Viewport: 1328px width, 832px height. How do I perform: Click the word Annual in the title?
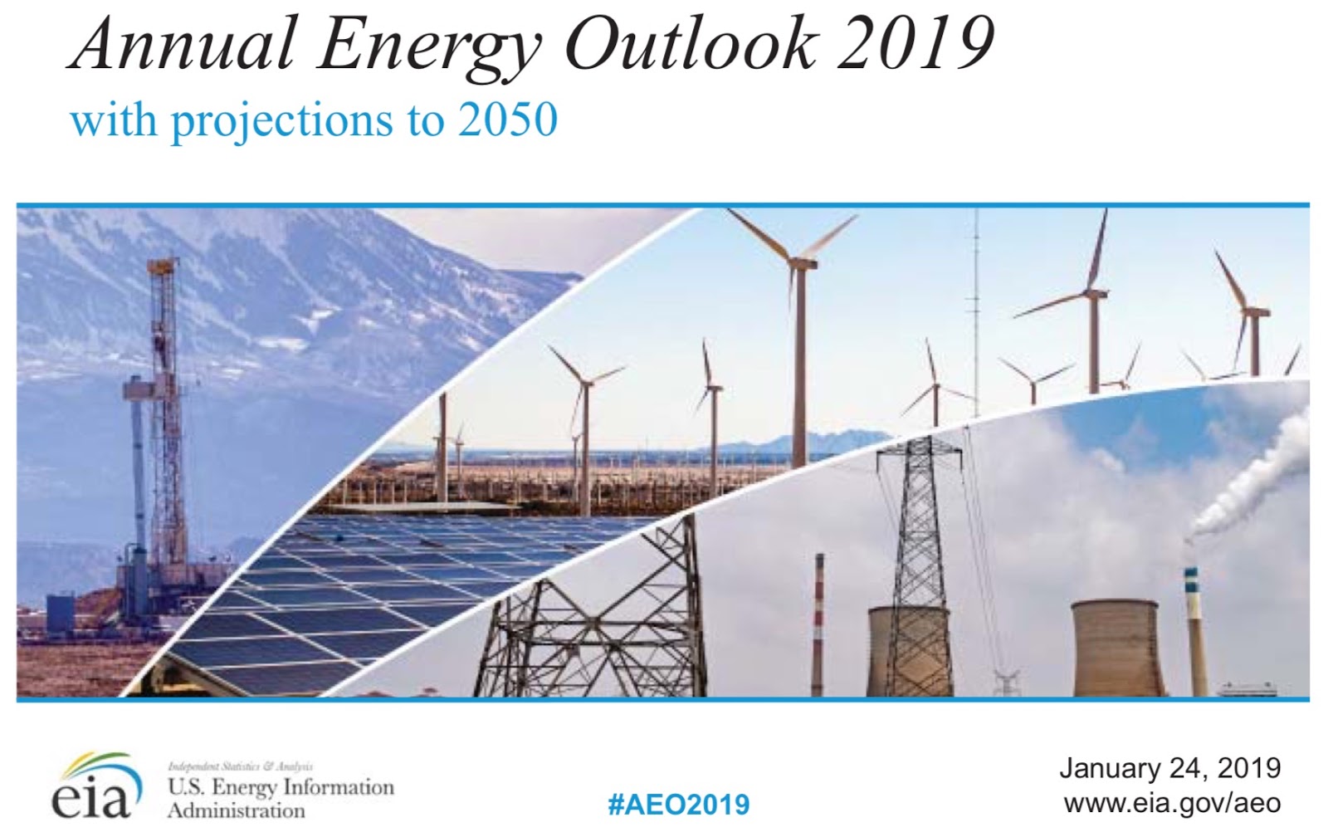tap(183, 45)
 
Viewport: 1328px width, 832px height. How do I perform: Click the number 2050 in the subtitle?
tap(508, 120)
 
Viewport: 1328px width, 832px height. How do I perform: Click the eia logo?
tap(96, 786)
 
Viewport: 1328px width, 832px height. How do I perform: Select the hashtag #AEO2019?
tap(679, 805)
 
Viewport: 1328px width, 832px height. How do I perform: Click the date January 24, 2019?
tap(1170, 769)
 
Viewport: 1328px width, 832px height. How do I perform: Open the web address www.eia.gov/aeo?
tap(1173, 804)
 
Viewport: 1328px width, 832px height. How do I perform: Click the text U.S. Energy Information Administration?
tap(281, 798)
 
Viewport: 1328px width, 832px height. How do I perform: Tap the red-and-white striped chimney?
tap(818, 624)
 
